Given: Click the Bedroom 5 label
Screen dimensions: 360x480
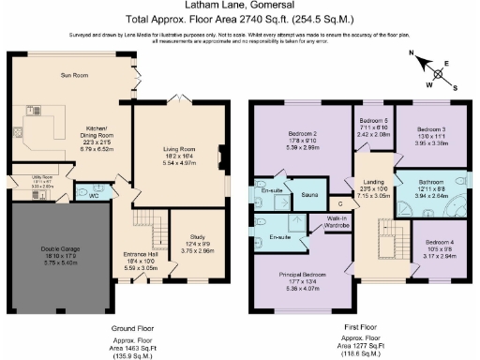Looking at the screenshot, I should coord(373,121).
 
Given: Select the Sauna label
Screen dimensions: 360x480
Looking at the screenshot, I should coord(307,195).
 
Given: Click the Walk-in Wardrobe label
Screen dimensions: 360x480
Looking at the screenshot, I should coord(337,222).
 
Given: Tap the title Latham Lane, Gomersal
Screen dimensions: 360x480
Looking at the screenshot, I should coord(240,8).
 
